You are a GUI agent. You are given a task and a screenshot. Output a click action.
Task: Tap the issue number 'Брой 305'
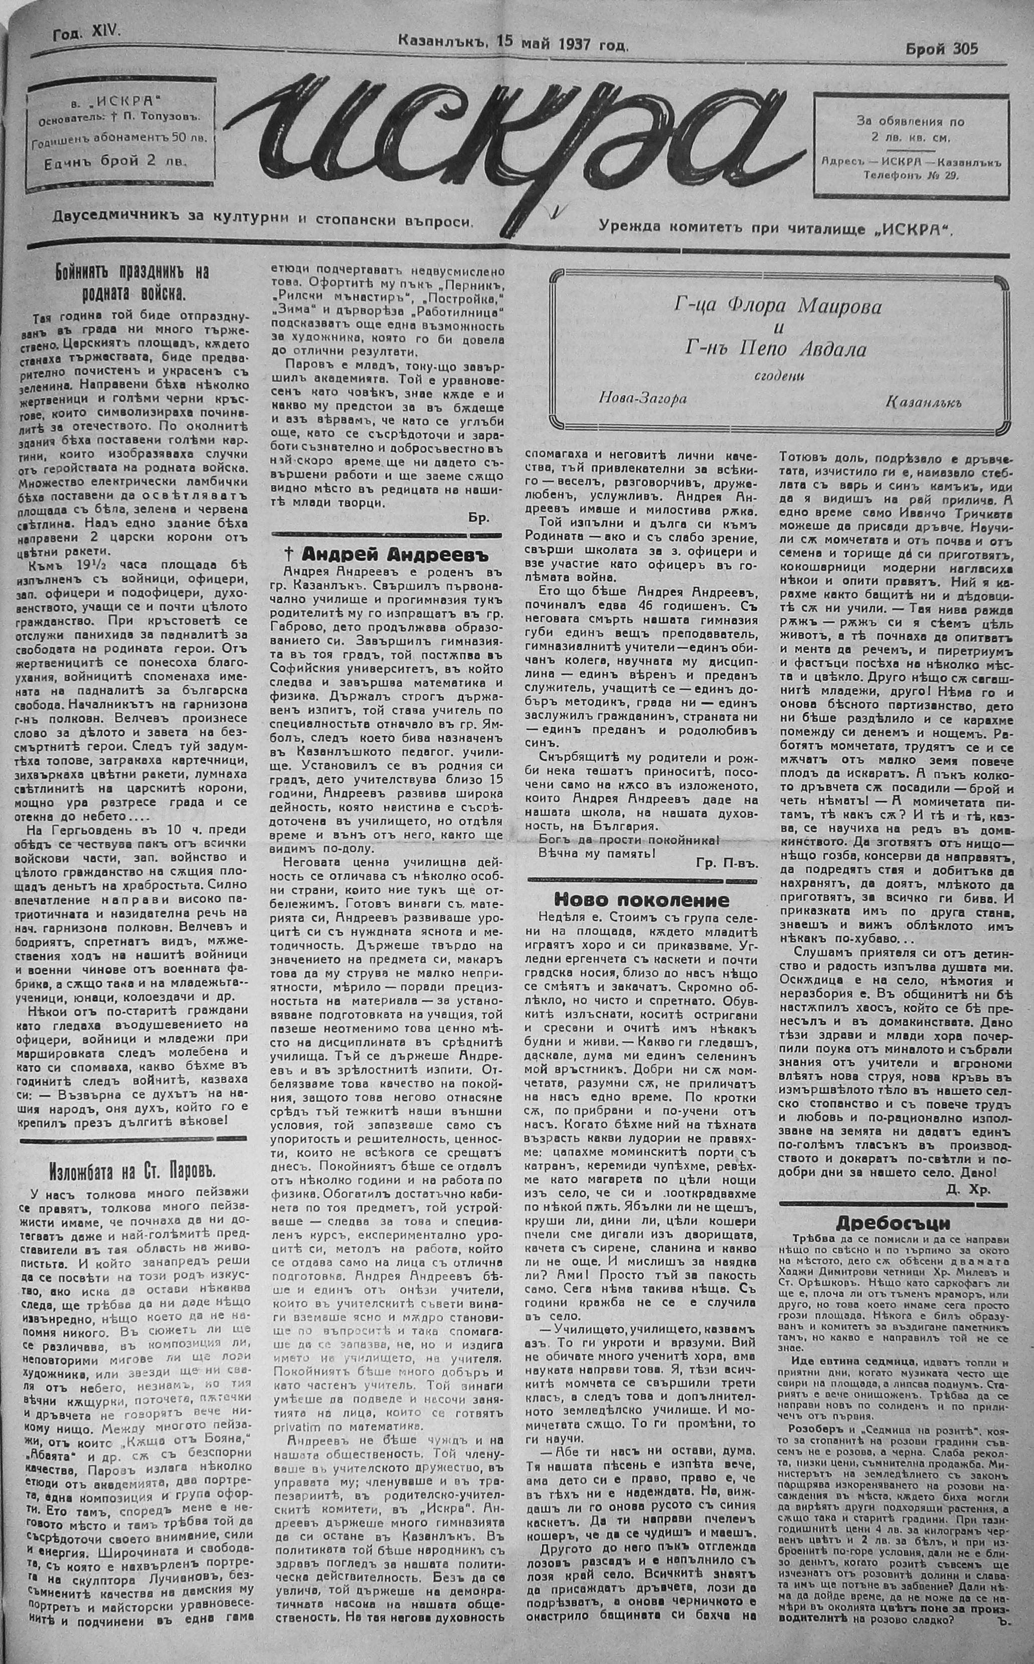941,49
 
